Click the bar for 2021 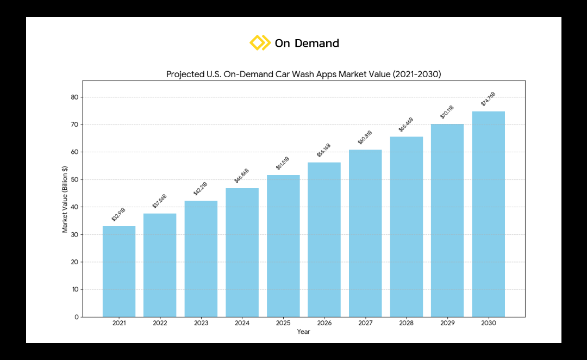119,271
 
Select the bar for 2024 242,252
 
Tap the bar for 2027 365,233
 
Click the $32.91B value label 118,215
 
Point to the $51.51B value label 283,163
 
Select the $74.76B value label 488,99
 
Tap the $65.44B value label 406,125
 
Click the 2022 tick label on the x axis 160,323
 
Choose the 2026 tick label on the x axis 324,323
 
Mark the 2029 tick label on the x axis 447,323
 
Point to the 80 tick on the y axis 74,97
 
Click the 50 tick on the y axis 74,179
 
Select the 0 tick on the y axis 77,316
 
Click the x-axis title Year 303,332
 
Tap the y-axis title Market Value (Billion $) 65,199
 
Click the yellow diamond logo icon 260,43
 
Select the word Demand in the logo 317,44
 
